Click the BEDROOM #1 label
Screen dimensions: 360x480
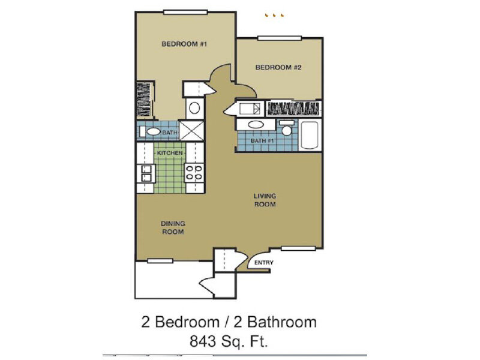[184, 44]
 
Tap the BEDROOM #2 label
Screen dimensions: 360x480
[278, 67]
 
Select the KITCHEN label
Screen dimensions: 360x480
[170, 154]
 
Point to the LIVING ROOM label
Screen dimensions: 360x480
[264, 200]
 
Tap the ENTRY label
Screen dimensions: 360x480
[264, 263]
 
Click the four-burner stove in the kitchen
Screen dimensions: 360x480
[194, 173]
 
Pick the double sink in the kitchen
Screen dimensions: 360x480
[145, 173]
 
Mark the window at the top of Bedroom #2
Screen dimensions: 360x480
[280, 38]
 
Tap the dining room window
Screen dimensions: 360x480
[160, 260]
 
